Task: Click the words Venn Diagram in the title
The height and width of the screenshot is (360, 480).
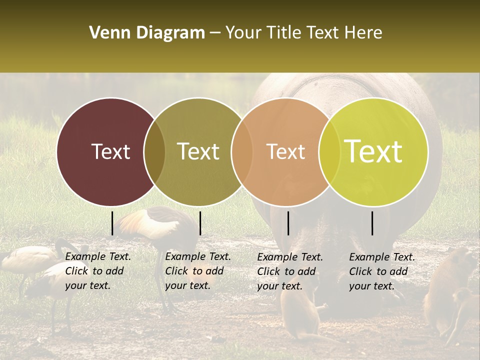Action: click(147, 33)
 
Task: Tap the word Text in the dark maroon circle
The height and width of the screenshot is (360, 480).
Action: click(110, 151)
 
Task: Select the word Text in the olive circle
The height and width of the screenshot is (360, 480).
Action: click(198, 151)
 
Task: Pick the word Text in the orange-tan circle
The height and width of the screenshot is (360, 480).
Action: click(285, 151)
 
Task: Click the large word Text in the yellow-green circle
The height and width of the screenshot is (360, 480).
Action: click(373, 151)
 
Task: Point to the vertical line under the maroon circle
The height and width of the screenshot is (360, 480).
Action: click(112, 223)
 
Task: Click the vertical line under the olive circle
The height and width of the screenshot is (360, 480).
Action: click(200, 223)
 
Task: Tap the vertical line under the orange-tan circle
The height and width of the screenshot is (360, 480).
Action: click(288, 223)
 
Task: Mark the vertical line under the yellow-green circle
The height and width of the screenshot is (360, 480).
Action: click(372, 223)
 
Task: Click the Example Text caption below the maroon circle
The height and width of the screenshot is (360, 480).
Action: click(97, 271)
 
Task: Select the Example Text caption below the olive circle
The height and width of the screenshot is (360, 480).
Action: click(197, 271)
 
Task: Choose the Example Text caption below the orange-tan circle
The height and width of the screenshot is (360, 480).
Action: click(289, 271)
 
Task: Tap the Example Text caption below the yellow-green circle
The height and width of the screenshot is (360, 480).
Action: click(381, 271)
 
